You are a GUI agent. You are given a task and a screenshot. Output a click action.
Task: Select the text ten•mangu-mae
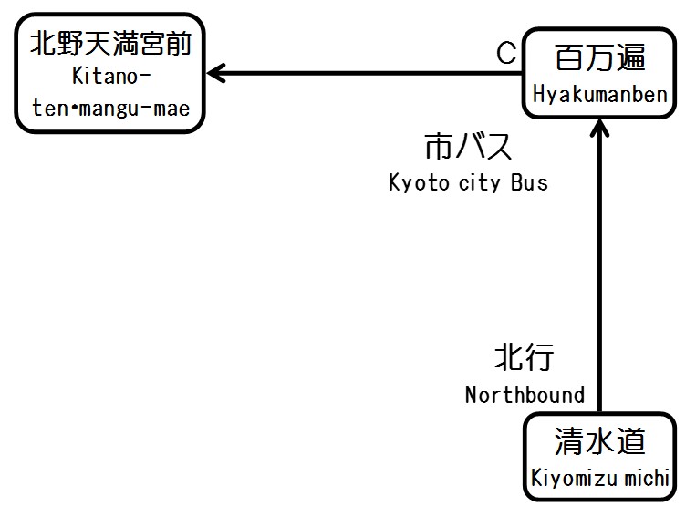coord(111,109)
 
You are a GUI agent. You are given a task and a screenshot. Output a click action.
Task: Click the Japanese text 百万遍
coord(599,60)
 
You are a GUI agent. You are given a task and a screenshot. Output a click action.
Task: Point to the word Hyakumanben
coord(600,95)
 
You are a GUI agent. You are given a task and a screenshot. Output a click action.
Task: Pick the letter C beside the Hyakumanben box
coord(506,54)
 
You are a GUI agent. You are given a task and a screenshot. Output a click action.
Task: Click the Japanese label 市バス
coord(468,148)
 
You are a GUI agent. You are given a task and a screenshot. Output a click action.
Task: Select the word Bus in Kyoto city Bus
coord(529,182)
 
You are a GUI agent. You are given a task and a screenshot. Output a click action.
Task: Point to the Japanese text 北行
coord(524,357)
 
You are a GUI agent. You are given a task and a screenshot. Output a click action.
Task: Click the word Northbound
coord(525,395)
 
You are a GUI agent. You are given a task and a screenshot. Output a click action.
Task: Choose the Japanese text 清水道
coord(599,442)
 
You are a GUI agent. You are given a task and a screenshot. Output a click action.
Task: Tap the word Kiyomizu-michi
coord(600,478)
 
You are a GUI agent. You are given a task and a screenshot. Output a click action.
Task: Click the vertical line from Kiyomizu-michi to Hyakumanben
coord(600,274)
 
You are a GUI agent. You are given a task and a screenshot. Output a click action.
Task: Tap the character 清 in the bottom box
coord(569,442)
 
